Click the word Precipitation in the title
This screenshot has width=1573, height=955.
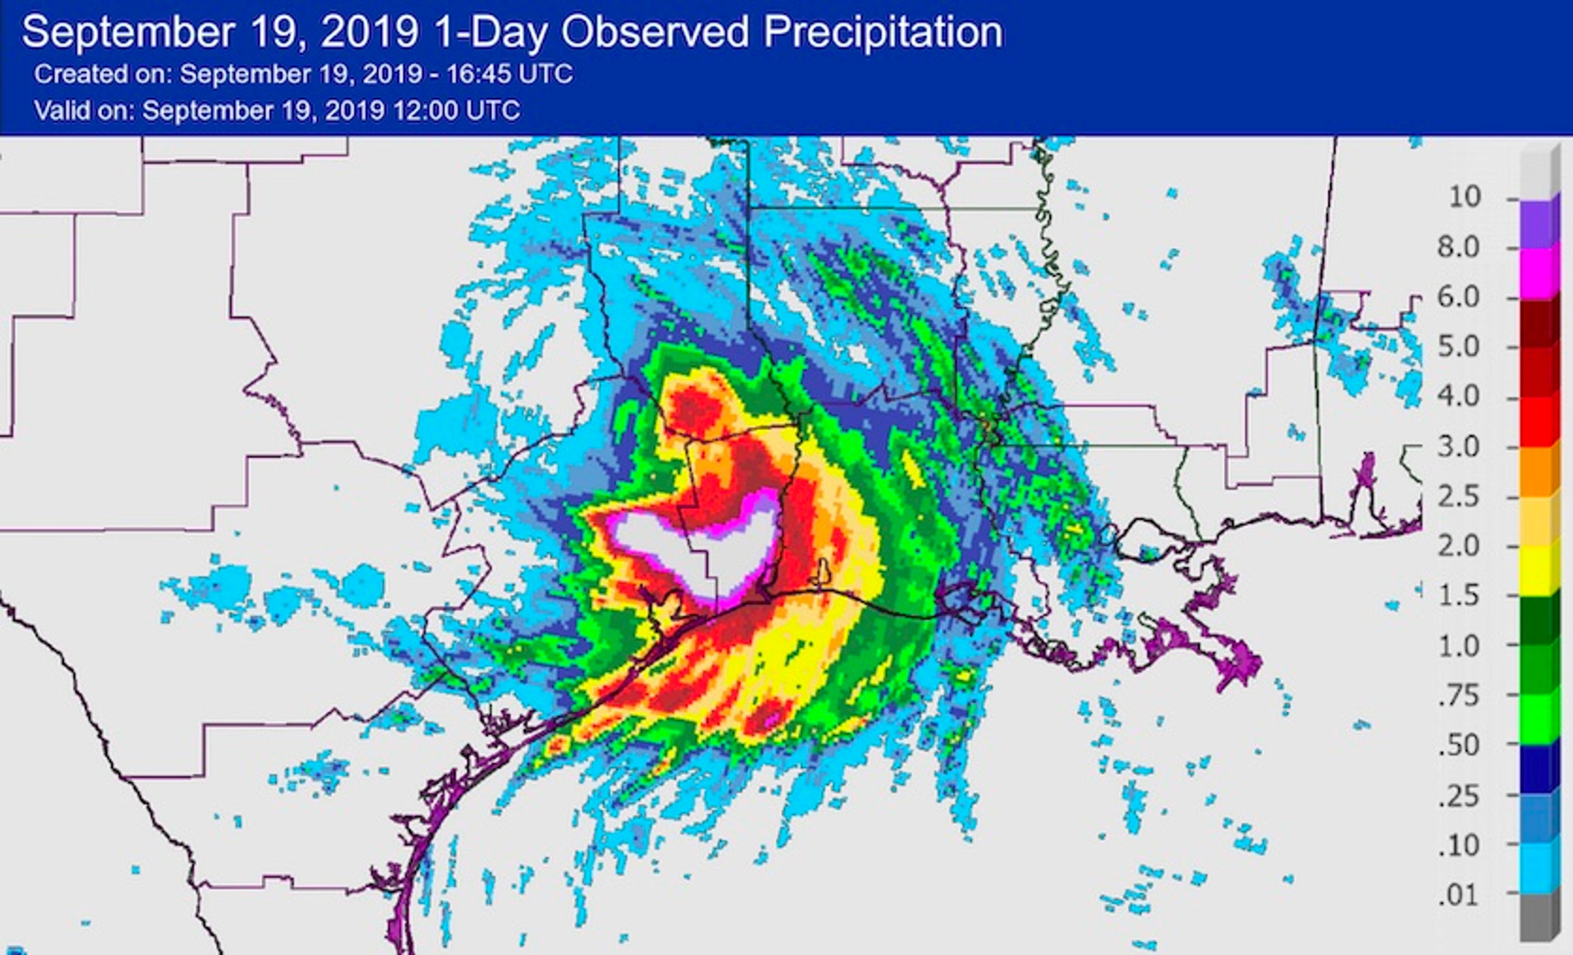(883, 32)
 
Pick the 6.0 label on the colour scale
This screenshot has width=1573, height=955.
(1459, 297)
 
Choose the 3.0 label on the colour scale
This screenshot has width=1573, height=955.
(1459, 447)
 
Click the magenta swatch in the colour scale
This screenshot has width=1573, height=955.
(1539, 273)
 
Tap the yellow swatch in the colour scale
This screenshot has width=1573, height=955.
(1539, 571)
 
